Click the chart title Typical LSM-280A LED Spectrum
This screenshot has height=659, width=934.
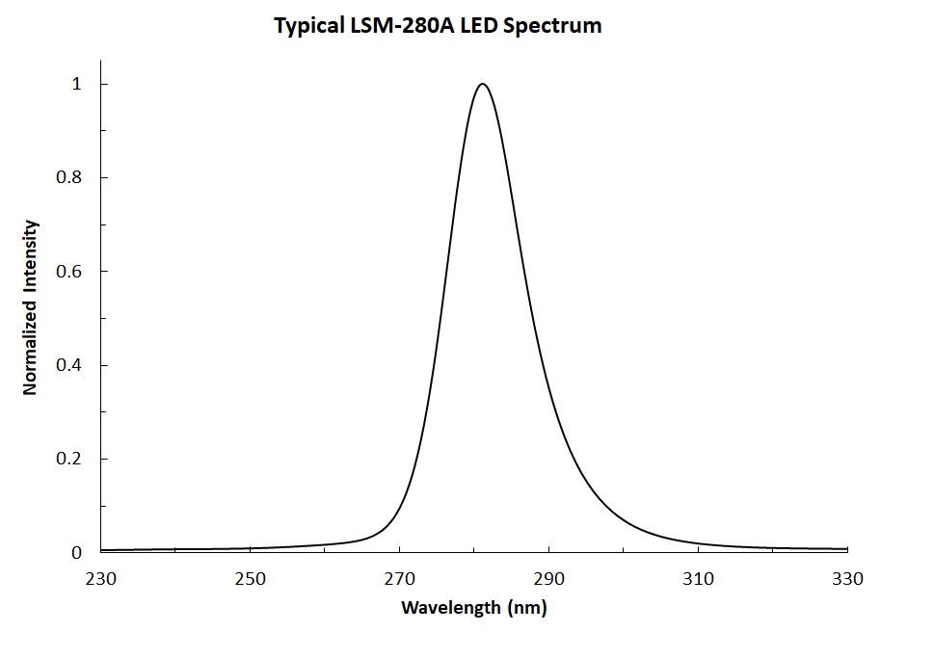[x=438, y=26]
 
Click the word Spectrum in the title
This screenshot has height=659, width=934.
[x=557, y=26]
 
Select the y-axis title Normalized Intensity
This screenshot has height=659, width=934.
[x=30, y=307]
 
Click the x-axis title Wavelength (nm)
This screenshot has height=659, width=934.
[x=473, y=608]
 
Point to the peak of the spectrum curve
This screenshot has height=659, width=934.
[x=482, y=84]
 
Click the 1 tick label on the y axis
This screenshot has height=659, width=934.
[x=76, y=85]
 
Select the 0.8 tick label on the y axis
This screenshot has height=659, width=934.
[x=69, y=178]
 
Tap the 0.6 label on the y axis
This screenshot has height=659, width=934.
[x=69, y=272]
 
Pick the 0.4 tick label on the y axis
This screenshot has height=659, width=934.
[x=69, y=365]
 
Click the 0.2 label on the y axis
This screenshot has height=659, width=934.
[x=69, y=459]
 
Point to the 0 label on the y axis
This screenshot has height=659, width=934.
[x=77, y=552]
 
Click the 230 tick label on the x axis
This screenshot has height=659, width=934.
[x=100, y=579]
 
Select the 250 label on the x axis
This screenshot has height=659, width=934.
[x=250, y=579]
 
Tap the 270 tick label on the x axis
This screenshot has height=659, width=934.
[x=399, y=579]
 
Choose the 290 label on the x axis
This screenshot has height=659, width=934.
[x=548, y=579]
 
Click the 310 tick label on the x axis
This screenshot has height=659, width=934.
[x=698, y=579]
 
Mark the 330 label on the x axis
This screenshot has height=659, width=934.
[x=847, y=579]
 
